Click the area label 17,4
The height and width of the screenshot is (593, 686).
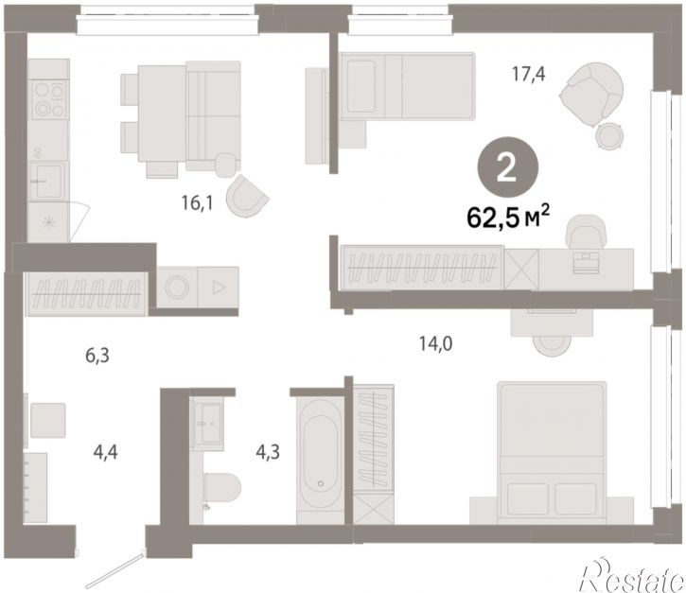[529, 74]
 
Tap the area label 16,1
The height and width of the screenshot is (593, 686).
[197, 203]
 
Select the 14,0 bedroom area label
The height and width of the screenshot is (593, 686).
[436, 343]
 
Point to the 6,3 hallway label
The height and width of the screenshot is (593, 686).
[97, 356]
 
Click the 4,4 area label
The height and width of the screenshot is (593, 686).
[105, 452]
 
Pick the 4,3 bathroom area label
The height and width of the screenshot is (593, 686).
[268, 452]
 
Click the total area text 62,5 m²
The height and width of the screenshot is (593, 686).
[508, 218]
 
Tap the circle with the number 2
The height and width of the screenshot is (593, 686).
[507, 168]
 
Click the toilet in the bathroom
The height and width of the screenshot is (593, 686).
[221, 488]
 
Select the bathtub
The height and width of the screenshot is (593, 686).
[320, 454]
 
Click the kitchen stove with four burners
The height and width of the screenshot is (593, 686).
[49, 100]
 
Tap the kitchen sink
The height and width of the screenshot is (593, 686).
[48, 181]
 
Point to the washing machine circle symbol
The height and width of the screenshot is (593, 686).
[177, 288]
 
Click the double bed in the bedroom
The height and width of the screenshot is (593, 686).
[553, 452]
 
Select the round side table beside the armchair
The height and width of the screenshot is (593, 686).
[609, 136]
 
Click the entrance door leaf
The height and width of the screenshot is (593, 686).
[114, 570]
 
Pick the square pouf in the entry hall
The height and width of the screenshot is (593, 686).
[47, 420]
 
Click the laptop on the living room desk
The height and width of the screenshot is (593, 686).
[586, 262]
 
